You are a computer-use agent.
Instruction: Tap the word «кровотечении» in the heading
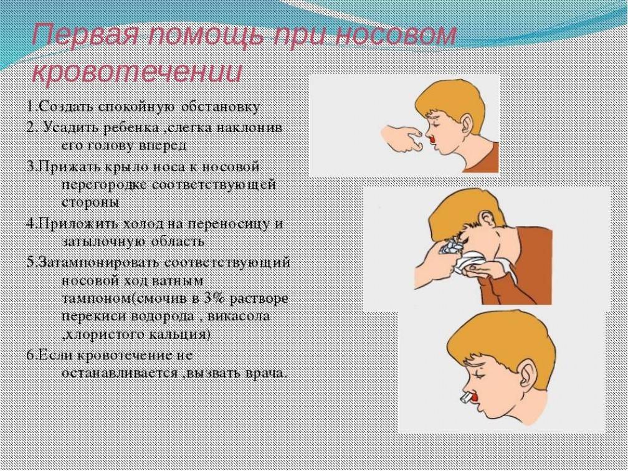click(x=137, y=72)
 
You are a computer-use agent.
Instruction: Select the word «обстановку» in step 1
click(x=221, y=107)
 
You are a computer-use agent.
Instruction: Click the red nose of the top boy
click(x=431, y=139)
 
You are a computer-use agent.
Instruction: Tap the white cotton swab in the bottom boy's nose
click(x=466, y=397)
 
